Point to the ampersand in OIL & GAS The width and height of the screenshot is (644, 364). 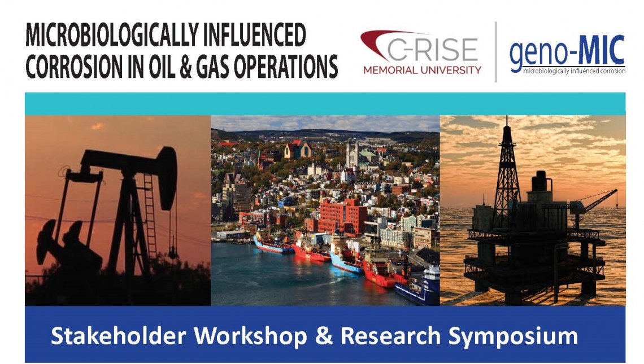click(x=186, y=67)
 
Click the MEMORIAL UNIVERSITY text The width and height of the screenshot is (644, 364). click(x=422, y=70)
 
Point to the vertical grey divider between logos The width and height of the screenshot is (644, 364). click(x=496, y=52)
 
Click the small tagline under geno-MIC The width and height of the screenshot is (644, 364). click(x=574, y=71)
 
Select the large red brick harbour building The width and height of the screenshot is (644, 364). click(x=343, y=216)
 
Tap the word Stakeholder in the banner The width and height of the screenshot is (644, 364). click(x=118, y=336)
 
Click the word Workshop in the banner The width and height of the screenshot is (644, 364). click(x=250, y=337)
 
